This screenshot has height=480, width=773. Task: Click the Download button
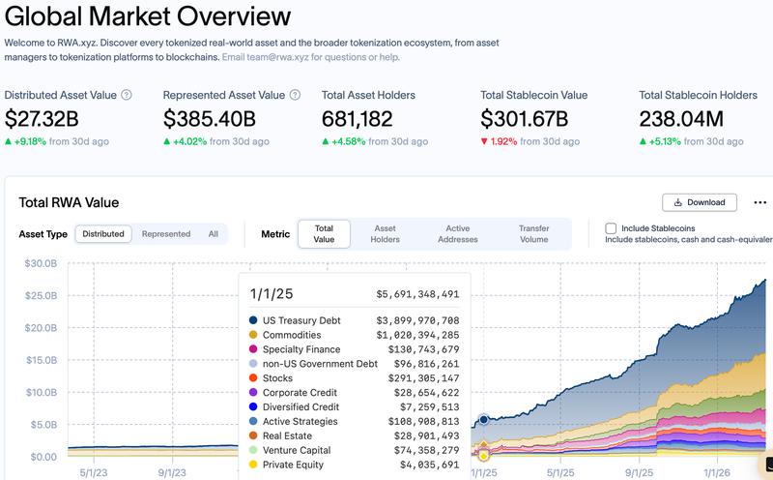click(x=700, y=202)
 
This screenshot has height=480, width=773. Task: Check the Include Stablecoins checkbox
click(x=611, y=228)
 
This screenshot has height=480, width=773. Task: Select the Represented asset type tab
click(x=166, y=234)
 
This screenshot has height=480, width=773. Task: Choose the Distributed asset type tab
click(x=103, y=234)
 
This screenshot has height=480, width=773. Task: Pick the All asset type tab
click(x=213, y=234)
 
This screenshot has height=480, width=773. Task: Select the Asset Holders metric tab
click(x=386, y=233)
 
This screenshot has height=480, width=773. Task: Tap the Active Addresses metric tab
click(x=457, y=233)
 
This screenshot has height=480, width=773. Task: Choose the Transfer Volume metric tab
click(x=533, y=233)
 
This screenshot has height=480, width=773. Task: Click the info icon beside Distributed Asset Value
click(x=127, y=95)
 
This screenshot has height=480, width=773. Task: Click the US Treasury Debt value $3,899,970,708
click(x=417, y=320)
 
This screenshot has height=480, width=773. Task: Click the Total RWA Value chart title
click(x=69, y=202)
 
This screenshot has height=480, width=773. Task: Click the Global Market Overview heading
click(x=147, y=16)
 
